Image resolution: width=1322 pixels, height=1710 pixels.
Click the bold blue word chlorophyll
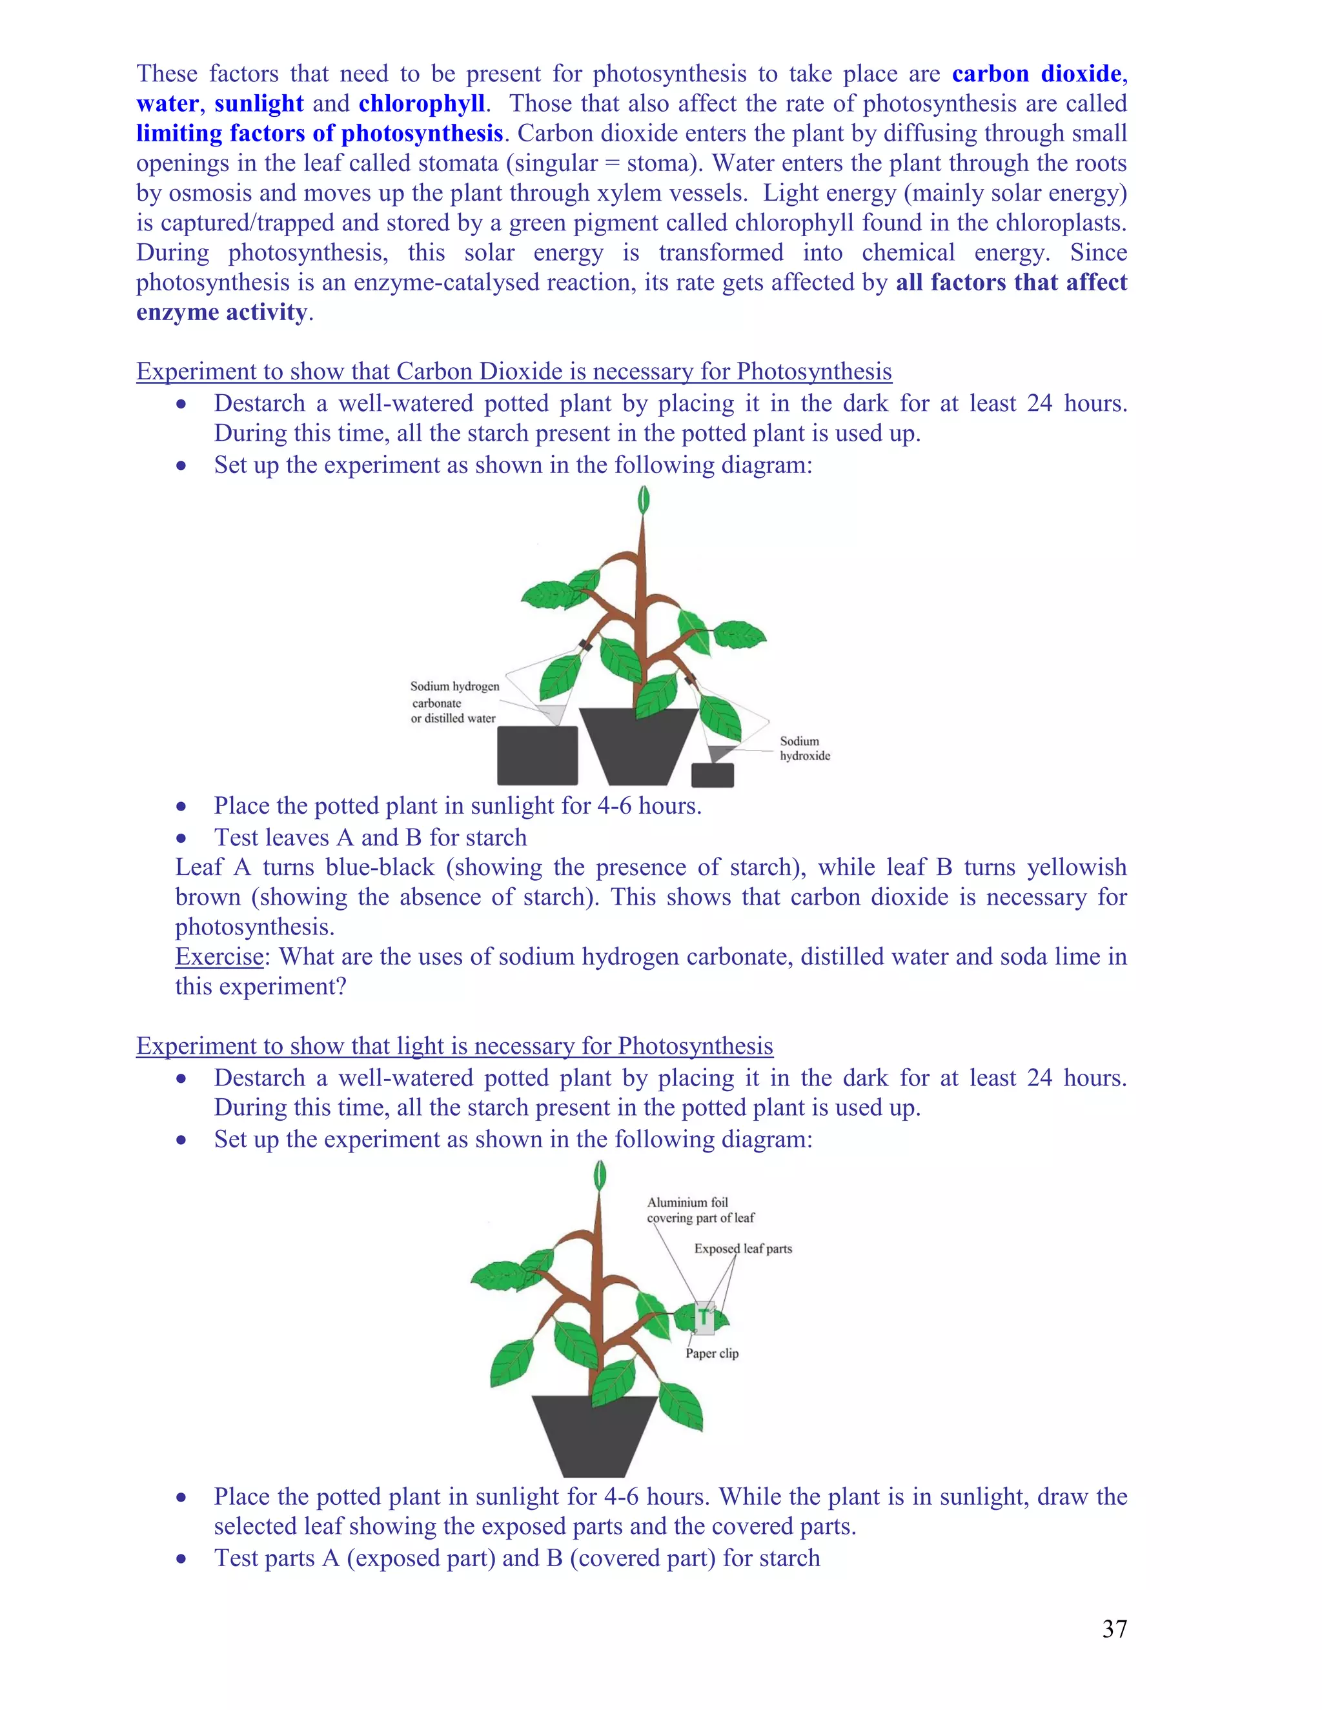tap(422, 103)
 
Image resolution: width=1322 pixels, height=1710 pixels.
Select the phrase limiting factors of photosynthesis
tap(320, 133)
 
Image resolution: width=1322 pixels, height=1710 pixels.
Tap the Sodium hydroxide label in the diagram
tap(804, 748)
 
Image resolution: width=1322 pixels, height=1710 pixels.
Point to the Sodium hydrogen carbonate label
tap(454, 701)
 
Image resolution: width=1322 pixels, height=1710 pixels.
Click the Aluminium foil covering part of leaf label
tap(700, 1210)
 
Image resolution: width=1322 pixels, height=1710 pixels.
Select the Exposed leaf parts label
tap(742, 1248)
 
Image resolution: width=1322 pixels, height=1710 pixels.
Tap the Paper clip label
tap(712, 1353)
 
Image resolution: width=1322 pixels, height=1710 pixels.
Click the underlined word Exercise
tap(219, 956)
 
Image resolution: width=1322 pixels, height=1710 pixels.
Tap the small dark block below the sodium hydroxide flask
tap(712, 774)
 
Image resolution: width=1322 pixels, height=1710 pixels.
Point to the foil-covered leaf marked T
tap(704, 1318)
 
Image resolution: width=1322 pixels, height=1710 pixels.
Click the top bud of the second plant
tap(601, 1174)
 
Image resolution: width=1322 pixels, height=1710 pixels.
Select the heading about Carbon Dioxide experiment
tap(514, 371)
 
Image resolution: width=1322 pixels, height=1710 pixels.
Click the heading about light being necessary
tap(454, 1045)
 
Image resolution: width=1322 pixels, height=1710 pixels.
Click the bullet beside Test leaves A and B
tap(181, 838)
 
